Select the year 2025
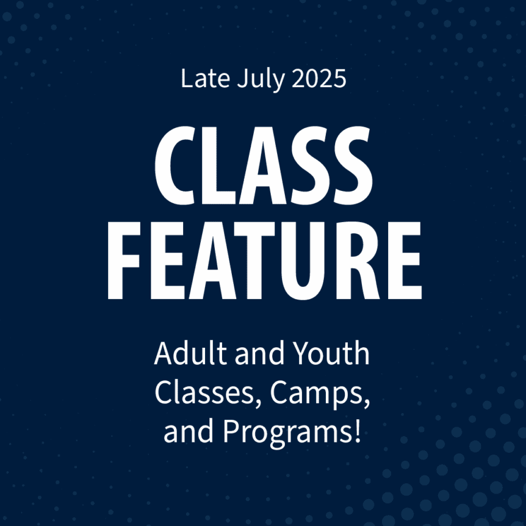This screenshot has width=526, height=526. [x=319, y=78]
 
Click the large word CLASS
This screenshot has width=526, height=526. [x=264, y=165]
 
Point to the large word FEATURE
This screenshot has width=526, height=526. [x=264, y=261]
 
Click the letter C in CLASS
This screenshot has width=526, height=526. [x=175, y=165]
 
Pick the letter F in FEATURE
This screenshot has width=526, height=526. [x=123, y=261]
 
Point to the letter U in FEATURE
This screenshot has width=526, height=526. [x=303, y=261]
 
